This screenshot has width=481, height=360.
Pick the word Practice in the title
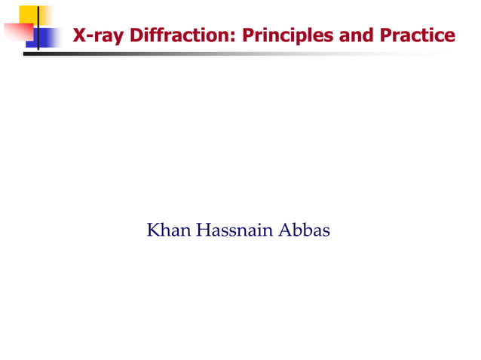pos(418,35)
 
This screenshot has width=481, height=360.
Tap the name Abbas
pos(305,230)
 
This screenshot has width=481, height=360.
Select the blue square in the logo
pos(47,38)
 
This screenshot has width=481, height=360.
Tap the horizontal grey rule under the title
pos(226,54)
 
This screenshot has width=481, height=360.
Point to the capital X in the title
pos(78,35)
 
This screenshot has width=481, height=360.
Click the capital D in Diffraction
pos(137,35)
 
